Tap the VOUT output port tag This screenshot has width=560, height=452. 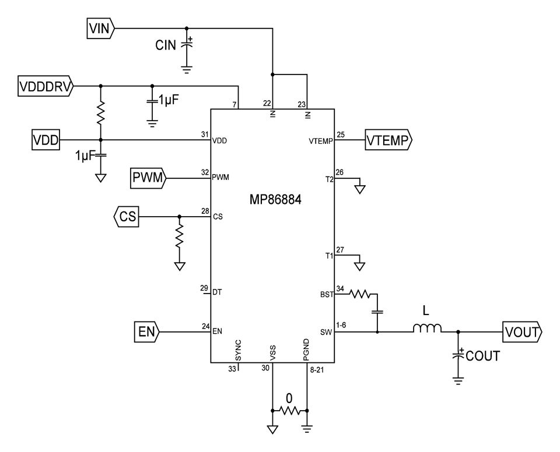pyautogui.click(x=523, y=333)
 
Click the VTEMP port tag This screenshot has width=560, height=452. pyautogui.click(x=388, y=140)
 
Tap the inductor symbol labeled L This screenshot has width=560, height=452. pyautogui.click(x=428, y=330)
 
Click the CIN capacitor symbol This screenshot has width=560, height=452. pyautogui.click(x=187, y=45)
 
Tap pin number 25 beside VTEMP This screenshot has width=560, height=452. pyautogui.click(x=341, y=135)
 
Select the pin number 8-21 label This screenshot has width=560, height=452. pyautogui.click(x=317, y=369)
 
